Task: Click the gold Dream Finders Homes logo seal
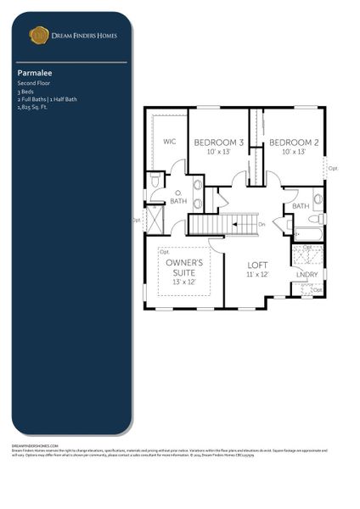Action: tap(38, 35)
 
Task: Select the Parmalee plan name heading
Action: tap(31, 74)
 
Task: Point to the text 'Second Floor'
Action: tap(33, 84)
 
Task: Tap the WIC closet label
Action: tap(169, 143)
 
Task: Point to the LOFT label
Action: tap(258, 265)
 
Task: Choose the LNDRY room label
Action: tap(307, 274)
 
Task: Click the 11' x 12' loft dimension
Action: tap(258, 275)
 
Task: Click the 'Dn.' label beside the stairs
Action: tap(262, 224)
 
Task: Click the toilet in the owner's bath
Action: tap(155, 182)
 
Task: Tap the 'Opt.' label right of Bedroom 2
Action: tap(333, 168)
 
